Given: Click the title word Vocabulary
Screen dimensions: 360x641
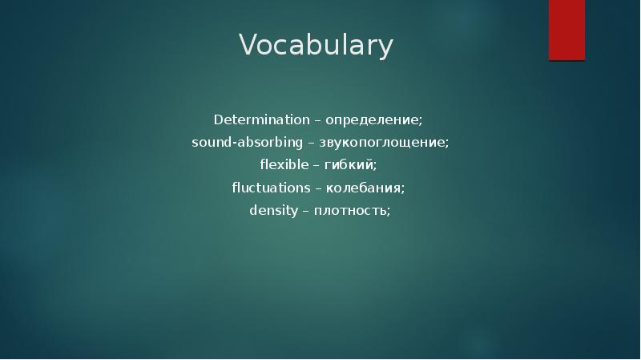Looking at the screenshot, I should point(316,46).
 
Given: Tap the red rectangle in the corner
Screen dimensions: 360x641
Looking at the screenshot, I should point(566,30).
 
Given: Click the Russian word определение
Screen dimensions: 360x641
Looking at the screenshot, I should point(371,120).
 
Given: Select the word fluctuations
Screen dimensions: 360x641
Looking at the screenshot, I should point(271,188).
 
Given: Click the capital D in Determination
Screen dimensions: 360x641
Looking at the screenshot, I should point(217,120).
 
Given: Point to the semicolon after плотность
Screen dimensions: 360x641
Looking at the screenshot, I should point(389,212).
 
